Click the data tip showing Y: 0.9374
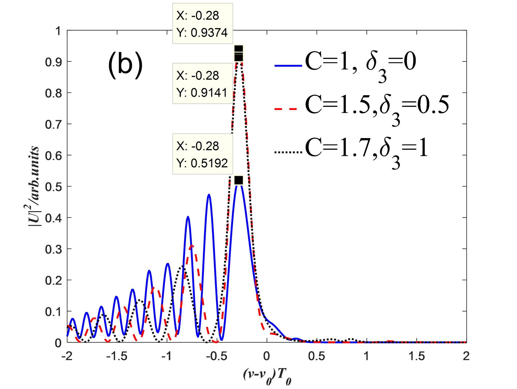(x=203, y=24)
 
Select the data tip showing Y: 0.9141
(x=203, y=84)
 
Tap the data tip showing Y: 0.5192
(x=203, y=154)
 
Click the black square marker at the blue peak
(x=239, y=180)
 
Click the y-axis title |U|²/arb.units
(x=34, y=186)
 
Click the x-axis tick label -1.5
(x=117, y=356)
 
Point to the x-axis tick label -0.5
(x=217, y=356)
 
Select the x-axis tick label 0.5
(x=317, y=356)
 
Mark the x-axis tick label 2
(x=466, y=356)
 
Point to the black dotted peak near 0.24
(x=182, y=266)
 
